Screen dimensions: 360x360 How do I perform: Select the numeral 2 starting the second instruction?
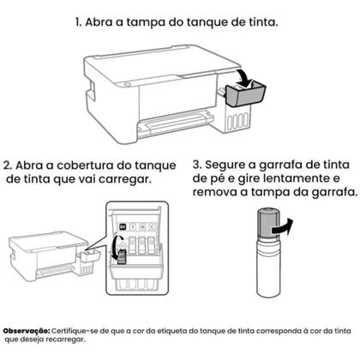[x=9, y=165]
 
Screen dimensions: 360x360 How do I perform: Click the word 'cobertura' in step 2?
[x=90, y=165]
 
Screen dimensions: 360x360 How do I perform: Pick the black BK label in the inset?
[x=123, y=226]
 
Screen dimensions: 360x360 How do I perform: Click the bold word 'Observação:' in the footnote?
[x=27, y=330]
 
